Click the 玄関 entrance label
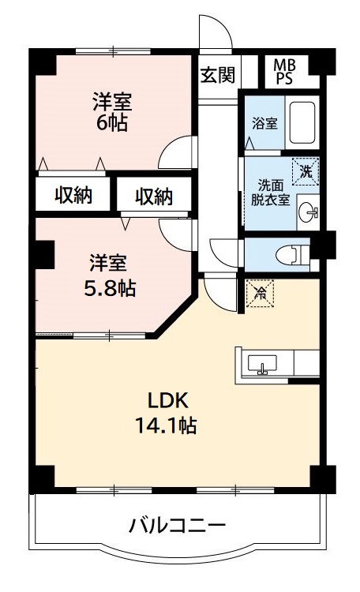(217, 75)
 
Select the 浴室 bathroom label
(264, 123)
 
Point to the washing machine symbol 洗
(305, 170)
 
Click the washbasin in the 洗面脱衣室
(309, 212)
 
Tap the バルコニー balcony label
(178, 525)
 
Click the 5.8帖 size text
(110, 287)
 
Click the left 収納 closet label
(73, 195)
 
